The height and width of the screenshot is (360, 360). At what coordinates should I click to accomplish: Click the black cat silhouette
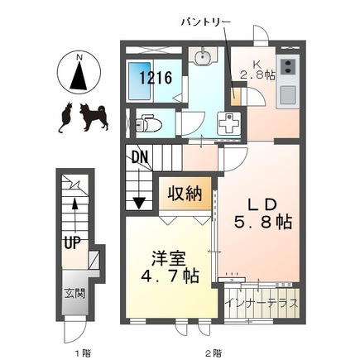click(x=66, y=117)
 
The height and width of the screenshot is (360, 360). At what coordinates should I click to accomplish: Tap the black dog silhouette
click(x=94, y=117)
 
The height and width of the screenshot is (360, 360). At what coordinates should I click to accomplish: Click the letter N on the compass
click(x=79, y=57)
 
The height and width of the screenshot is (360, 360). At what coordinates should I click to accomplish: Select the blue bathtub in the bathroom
click(x=140, y=81)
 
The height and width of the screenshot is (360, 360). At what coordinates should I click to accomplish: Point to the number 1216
click(x=156, y=78)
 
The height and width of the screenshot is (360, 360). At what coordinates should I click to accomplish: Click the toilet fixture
click(x=148, y=123)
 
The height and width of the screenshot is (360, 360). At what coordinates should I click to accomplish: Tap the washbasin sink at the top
click(x=203, y=57)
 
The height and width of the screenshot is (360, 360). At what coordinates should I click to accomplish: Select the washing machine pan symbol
click(x=228, y=123)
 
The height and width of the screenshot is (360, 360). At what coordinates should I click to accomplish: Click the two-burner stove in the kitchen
click(x=288, y=66)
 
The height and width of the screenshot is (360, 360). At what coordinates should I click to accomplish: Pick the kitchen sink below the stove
click(x=288, y=94)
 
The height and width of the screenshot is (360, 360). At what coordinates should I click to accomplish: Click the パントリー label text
click(x=205, y=22)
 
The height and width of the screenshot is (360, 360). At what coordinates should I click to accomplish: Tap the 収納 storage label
click(x=185, y=193)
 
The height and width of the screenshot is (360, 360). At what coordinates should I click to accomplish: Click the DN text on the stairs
click(x=140, y=157)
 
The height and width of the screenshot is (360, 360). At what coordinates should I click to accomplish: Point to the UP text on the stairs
click(x=72, y=242)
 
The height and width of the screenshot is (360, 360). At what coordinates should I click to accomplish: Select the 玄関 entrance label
click(x=74, y=294)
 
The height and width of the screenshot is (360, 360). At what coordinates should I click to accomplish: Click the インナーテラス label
click(x=262, y=303)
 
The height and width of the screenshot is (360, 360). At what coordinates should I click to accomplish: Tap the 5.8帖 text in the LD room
click(x=263, y=223)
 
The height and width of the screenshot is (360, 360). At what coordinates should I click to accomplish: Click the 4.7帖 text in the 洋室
click(x=170, y=276)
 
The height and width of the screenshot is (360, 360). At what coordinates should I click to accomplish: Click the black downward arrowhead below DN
click(x=139, y=204)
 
